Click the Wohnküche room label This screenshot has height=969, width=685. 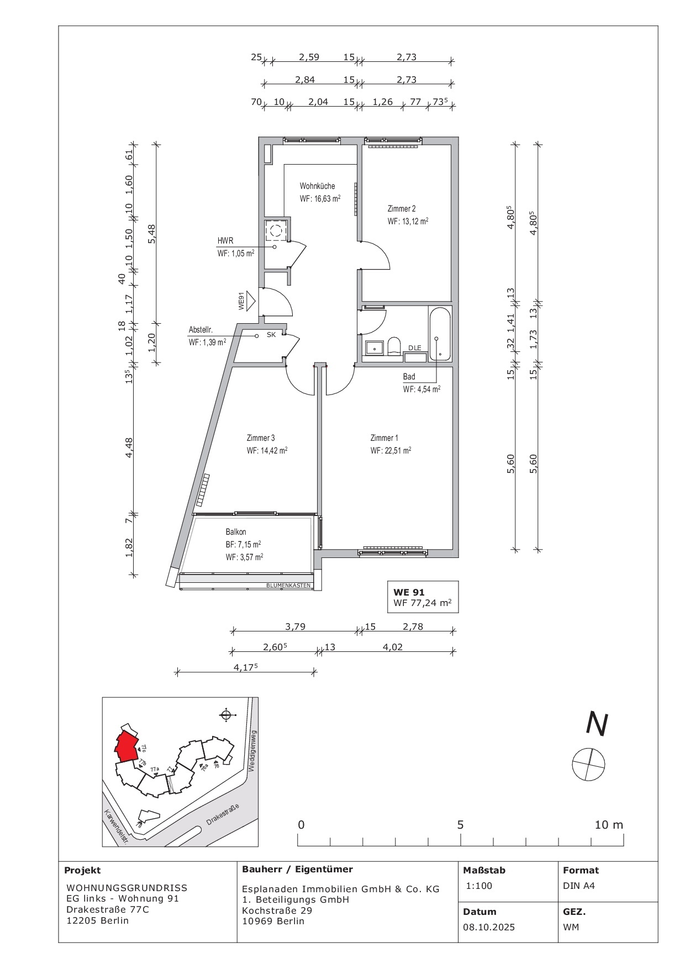click(317, 186)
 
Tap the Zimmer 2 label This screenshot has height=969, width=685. click(402, 209)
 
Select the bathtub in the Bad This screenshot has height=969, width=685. click(440, 335)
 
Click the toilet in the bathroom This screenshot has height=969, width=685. click(394, 346)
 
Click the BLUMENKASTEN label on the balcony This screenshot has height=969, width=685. click(288, 585)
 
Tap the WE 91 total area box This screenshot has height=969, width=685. click(423, 597)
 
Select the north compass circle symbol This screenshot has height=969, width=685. click(588, 765)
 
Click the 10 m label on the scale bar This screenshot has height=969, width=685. click(609, 825)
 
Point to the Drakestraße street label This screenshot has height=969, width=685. click(223, 814)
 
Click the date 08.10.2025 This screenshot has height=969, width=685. click(489, 927)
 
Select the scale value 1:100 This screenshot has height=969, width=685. click(479, 886)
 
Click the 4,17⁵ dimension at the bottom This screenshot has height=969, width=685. click(246, 667)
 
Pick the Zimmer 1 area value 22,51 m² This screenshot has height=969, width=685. click(391, 450)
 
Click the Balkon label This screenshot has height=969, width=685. click(236, 532)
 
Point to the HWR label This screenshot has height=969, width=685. click(225, 241)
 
